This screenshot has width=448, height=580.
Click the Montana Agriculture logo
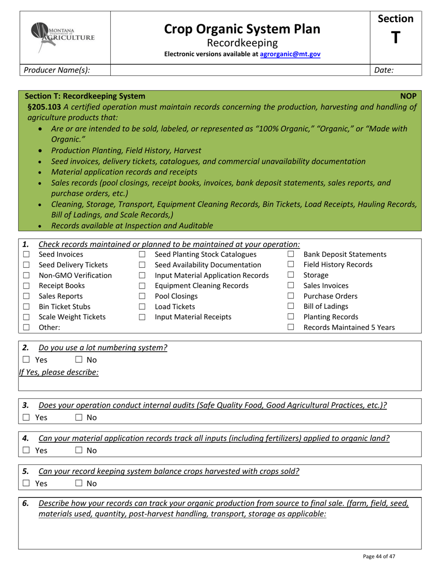[63, 32]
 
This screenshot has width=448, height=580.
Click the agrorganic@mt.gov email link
[290, 54]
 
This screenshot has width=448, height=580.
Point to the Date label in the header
[384, 70]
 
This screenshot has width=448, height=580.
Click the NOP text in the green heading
[408, 96]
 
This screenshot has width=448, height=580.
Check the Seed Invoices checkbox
[26, 255]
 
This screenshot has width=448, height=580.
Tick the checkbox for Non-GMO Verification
[26, 275]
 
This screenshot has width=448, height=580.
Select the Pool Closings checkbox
[142, 297]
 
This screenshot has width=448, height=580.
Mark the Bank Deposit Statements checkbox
[291, 254]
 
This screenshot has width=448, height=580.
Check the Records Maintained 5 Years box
[291, 327]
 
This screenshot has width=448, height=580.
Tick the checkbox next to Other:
[26, 327]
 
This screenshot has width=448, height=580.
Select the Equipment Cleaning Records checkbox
[142, 286]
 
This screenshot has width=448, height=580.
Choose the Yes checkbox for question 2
[26, 360]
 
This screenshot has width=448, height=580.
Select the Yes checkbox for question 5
[26, 483]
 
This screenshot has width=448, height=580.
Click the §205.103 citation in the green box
[44, 107]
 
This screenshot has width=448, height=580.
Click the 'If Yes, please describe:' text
[59, 372]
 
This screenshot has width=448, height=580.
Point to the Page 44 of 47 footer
[379, 556]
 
